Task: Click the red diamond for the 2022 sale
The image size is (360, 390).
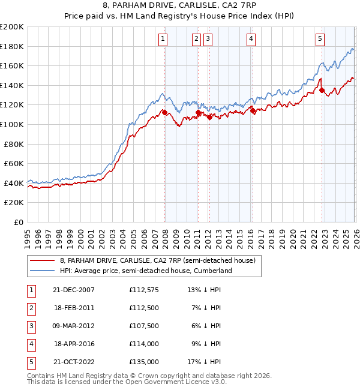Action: click(x=322, y=91)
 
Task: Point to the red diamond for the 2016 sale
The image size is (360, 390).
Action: click(x=253, y=111)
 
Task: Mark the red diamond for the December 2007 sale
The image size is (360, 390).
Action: click(x=164, y=112)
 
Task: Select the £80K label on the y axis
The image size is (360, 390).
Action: click(x=14, y=144)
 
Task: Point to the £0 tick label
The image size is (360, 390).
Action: click(x=18, y=222)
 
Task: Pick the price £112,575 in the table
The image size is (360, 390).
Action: click(x=144, y=290)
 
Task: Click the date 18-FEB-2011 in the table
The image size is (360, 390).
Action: click(x=74, y=308)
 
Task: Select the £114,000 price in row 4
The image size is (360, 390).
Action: click(x=144, y=344)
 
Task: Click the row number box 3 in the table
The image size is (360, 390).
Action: click(x=29, y=326)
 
